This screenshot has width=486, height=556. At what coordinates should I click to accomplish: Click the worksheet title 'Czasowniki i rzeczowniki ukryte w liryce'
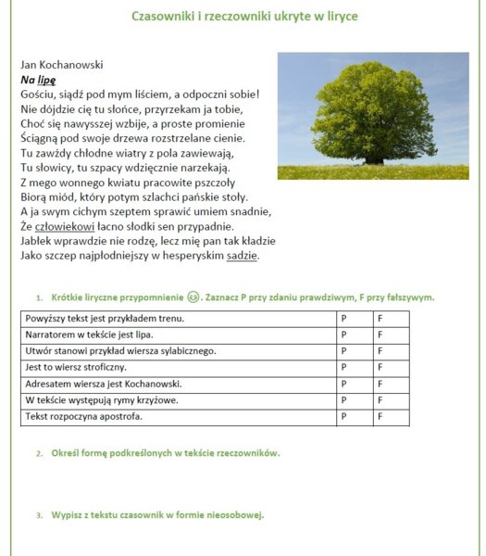click(244, 17)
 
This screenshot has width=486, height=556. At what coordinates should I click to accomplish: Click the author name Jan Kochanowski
click(61, 65)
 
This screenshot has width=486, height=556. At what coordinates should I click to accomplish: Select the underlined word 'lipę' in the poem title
click(46, 80)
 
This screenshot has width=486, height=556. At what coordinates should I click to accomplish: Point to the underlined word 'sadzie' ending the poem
click(242, 256)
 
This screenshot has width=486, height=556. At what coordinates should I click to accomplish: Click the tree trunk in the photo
click(374, 158)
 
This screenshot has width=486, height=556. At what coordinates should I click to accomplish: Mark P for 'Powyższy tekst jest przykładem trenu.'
click(343, 319)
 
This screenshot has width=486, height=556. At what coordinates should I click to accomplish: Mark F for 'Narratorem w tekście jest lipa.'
click(380, 335)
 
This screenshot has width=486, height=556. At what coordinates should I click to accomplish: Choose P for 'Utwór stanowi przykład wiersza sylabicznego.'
click(343, 351)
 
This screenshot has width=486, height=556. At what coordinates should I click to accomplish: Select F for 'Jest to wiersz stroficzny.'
click(380, 368)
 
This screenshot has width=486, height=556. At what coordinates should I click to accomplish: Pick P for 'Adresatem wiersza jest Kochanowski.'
click(343, 384)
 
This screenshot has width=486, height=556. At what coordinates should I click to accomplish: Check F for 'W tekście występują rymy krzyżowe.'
click(380, 400)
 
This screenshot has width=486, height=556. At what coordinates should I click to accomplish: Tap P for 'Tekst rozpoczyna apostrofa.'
click(343, 417)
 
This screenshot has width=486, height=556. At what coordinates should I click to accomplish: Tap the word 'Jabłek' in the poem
click(37, 241)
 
